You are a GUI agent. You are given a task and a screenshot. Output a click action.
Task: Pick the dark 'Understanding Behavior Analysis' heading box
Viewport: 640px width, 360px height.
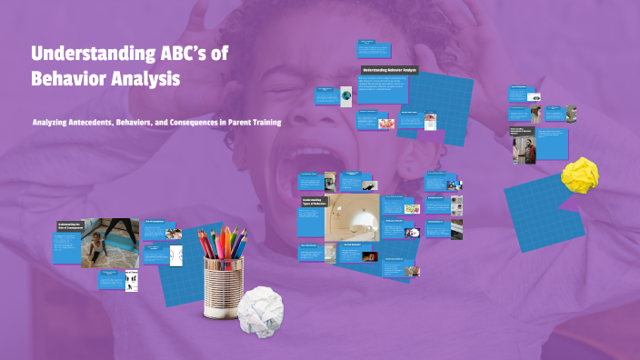388,69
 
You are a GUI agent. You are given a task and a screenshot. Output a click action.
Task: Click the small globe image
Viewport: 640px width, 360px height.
346,94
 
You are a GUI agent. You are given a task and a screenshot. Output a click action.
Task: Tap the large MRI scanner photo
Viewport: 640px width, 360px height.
352,215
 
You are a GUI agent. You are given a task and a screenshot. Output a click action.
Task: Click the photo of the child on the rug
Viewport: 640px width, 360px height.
111,242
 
